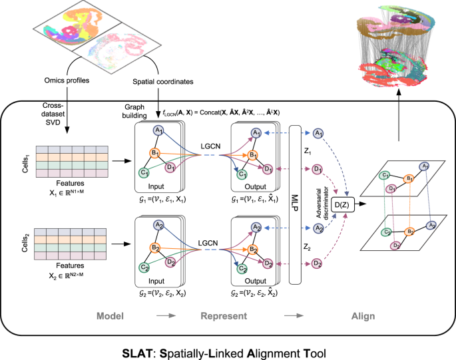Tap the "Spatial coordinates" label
[163, 82]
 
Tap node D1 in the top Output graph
[268, 170]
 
